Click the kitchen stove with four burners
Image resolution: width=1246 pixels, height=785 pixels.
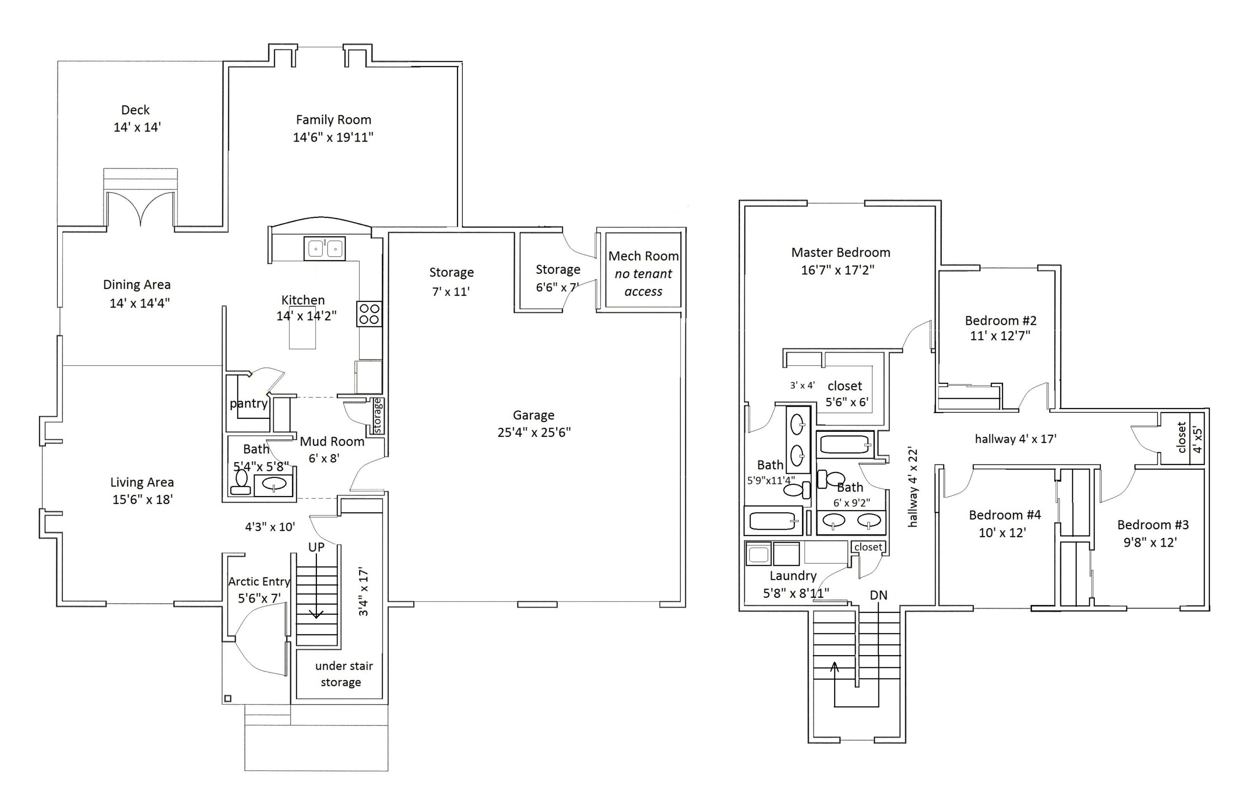[x=369, y=313]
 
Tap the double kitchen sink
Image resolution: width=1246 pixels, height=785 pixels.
[x=325, y=249]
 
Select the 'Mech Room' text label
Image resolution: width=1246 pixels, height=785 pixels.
[x=643, y=256]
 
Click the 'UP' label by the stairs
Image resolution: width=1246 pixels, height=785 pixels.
[x=316, y=547]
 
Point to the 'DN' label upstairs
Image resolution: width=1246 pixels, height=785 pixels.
[x=879, y=595]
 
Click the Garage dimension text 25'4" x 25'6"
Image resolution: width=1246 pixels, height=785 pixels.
[x=534, y=432]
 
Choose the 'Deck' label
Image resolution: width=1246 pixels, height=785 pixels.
[x=136, y=109]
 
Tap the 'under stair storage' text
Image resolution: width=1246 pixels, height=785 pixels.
[x=343, y=674]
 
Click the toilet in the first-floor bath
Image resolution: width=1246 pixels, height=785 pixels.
[x=240, y=482]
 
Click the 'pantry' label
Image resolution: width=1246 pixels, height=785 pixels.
[x=249, y=403]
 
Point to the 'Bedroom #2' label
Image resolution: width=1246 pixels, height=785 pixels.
[x=1000, y=320]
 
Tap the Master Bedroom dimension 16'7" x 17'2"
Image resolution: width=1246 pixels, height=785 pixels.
[x=838, y=270]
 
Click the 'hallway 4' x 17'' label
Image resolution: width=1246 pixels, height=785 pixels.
[x=1016, y=439]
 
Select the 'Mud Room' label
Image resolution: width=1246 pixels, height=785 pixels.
[x=332, y=441]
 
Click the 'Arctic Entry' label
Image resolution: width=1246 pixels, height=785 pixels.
[x=259, y=581]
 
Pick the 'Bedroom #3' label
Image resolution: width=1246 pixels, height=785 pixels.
[x=1153, y=525]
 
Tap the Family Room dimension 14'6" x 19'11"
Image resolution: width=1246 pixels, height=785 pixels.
[x=333, y=137]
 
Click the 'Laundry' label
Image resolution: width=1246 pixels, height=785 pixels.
[x=793, y=576]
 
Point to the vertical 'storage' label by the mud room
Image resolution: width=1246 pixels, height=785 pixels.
[x=377, y=416]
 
